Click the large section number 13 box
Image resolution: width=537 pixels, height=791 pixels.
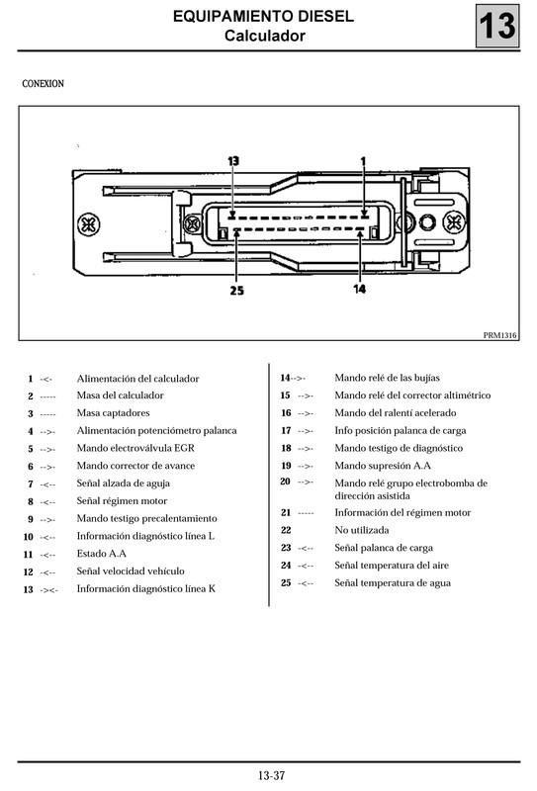[x=498, y=26]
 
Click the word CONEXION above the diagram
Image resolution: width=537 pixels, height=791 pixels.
[x=43, y=84]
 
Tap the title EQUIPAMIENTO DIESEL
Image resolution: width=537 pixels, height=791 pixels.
[x=264, y=17]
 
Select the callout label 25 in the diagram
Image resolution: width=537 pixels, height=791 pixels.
[x=236, y=291]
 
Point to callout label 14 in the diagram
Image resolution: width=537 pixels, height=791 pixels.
[x=359, y=289]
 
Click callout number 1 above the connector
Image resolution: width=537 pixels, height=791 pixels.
[x=363, y=159]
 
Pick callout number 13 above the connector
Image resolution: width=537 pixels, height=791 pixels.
[x=233, y=160]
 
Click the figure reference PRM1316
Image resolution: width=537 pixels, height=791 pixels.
[x=500, y=335]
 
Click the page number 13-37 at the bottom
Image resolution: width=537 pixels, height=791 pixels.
[x=270, y=775]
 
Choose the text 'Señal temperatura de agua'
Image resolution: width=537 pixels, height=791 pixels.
[x=392, y=583]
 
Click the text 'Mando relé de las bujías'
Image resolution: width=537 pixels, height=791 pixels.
[x=387, y=378]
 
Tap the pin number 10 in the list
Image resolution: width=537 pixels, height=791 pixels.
[x=29, y=537]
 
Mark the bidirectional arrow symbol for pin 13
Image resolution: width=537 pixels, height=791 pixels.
[x=48, y=590]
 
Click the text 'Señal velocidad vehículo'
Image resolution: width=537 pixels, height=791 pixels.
[x=130, y=571]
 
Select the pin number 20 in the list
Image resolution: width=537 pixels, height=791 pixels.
[x=286, y=482]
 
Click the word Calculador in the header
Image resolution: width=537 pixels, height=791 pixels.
[x=264, y=37]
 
